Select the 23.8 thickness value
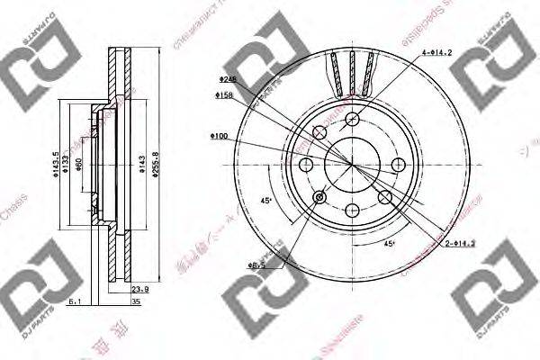coord(139,290)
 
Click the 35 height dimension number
coord(135,302)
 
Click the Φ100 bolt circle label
coord(219,136)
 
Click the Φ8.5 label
coord(256,265)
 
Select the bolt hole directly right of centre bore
coord(397,163)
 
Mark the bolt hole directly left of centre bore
coord(306,163)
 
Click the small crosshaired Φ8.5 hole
coord(319,195)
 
